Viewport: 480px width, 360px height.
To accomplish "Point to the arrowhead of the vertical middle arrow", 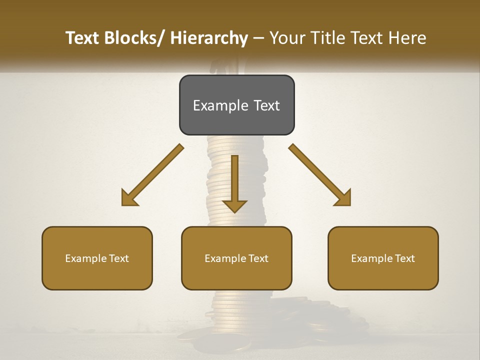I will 234,205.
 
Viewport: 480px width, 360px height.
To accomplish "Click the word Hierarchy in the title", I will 209,38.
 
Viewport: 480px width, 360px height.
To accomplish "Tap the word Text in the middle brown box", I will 256,258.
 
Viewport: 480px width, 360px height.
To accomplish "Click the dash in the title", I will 258,38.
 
